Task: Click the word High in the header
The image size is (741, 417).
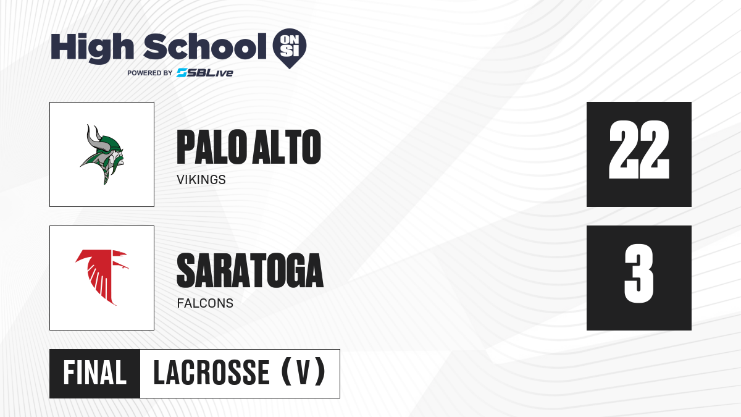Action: coord(92,48)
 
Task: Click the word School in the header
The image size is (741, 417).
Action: coord(205,46)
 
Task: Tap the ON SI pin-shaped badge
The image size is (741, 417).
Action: coord(290,48)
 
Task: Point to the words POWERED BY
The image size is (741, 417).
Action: coord(149,73)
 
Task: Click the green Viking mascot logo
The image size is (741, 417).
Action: coord(102,154)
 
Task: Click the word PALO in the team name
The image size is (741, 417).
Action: coord(212,147)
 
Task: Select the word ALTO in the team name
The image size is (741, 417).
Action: coord(287,147)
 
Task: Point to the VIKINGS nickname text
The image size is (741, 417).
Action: coord(201,180)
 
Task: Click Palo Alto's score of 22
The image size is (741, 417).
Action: coord(639,150)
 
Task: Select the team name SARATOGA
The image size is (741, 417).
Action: coord(250,271)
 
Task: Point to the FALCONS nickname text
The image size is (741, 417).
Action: coord(205,303)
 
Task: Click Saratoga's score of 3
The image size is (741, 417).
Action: coord(639,273)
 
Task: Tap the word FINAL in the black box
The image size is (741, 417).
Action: coord(94,373)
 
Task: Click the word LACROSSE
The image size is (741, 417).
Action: coord(212,373)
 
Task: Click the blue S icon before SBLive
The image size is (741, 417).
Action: coord(182,73)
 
